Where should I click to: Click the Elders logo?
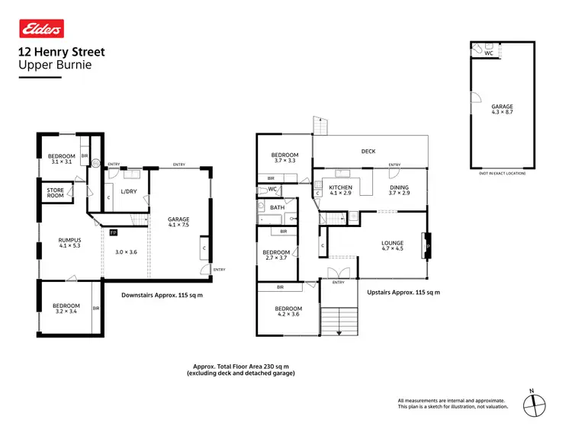(40, 29)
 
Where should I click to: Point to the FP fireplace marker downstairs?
(114, 232)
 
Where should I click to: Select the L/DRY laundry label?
(129, 191)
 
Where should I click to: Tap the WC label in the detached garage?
(489, 53)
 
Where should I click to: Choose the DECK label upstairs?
(368, 152)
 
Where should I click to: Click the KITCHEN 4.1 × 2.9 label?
(339, 190)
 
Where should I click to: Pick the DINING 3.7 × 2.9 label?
(399, 190)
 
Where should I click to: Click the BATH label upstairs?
(277, 207)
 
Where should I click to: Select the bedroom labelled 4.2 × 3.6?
(288, 312)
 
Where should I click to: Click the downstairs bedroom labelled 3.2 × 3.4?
(66, 309)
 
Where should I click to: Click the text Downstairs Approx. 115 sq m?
(162, 295)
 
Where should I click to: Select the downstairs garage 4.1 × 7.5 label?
(179, 223)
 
